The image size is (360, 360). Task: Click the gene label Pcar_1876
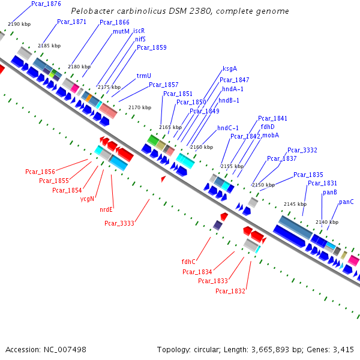click(x=46, y=4)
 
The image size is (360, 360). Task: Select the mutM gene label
click(x=121, y=31)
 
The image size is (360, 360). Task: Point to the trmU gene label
click(x=143, y=76)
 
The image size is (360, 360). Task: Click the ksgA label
click(x=229, y=68)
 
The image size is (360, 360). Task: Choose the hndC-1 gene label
click(x=227, y=128)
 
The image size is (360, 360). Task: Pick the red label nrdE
click(x=106, y=209)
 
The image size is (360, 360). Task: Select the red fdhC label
click(x=189, y=262)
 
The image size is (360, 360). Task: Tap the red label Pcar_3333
click(x=119, y=223)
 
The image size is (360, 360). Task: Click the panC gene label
click(x=346, y=202)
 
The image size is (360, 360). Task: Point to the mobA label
click(x=270, y=136)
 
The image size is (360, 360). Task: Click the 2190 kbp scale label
click(x=18, y=24)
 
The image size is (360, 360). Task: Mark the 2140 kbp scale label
click(x=326, y=222)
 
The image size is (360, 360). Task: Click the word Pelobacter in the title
click(x=90, y=11)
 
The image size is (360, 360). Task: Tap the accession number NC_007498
click(x=64, y=349)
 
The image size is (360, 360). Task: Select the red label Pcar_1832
click(x=230, y=292)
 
